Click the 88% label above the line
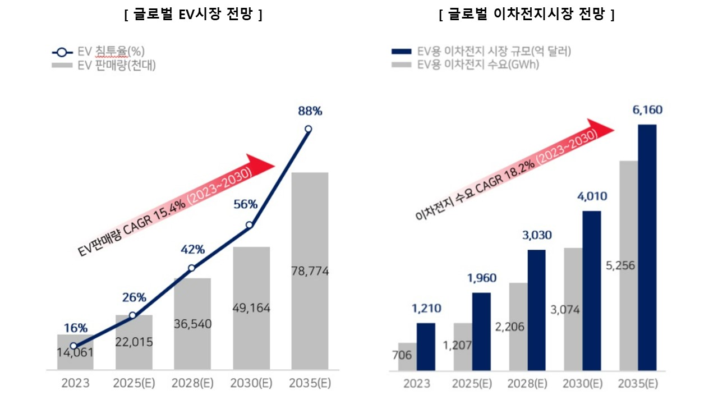click(x=310, y=111)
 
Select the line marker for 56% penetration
click(x=250, y=225)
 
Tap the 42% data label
click(x=192, y=250)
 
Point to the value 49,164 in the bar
click(x=251, y=308)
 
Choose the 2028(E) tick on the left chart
click(x=192, y=384)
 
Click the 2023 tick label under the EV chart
click(x=75, y=384)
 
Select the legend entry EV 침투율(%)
click(x=104, y=52)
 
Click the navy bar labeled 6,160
click(x=647, y=247)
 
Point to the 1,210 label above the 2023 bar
click(x=426, y=307)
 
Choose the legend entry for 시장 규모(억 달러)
click(x=494, y=52)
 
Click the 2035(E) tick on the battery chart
click(x=638, y=384)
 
